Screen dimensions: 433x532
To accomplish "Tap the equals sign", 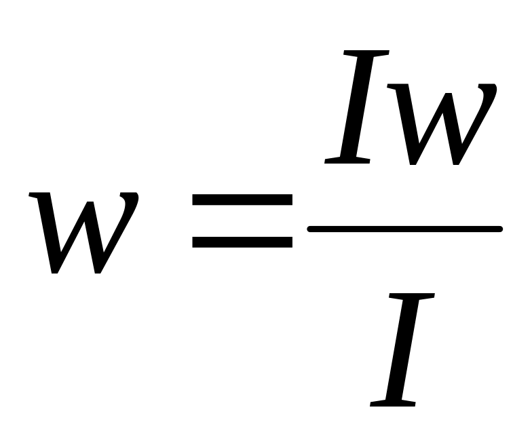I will (x=242, y=221).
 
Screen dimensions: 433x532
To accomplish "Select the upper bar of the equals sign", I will (x=242, y=200).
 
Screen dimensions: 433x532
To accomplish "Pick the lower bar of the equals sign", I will (x=242, y=242).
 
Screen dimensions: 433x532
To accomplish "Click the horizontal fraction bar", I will (x=405, y=229).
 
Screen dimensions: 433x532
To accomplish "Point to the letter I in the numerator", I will (x=357, y=107).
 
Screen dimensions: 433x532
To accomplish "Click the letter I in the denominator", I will (x=402, y=349).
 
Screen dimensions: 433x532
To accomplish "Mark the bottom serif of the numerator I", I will (x=347, y=160).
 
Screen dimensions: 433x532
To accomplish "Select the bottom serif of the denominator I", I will (x=392, y=402).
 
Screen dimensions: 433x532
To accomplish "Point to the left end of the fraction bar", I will (x=311, y=229).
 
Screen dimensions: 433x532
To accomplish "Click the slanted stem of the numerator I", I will (x=357, y=107).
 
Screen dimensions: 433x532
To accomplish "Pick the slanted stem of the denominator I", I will (x=402, y=349).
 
